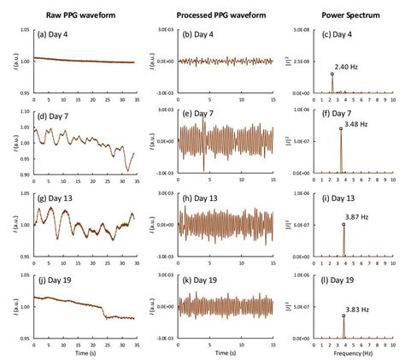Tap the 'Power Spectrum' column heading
346,15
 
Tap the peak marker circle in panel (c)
332,74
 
